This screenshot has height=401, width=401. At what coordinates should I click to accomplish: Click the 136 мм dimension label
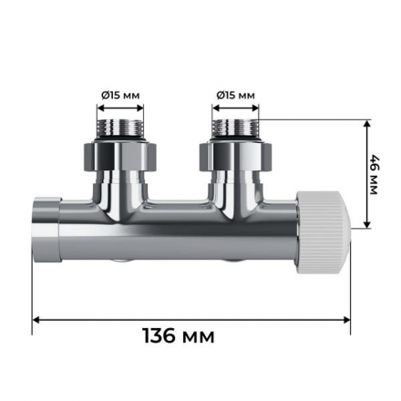pos(179,336)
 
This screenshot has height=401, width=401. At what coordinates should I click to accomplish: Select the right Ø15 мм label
pos(236,95)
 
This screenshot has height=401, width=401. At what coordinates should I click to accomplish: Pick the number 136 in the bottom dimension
pos(164,336)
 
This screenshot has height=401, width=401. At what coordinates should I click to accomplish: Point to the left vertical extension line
pos(34,283)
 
